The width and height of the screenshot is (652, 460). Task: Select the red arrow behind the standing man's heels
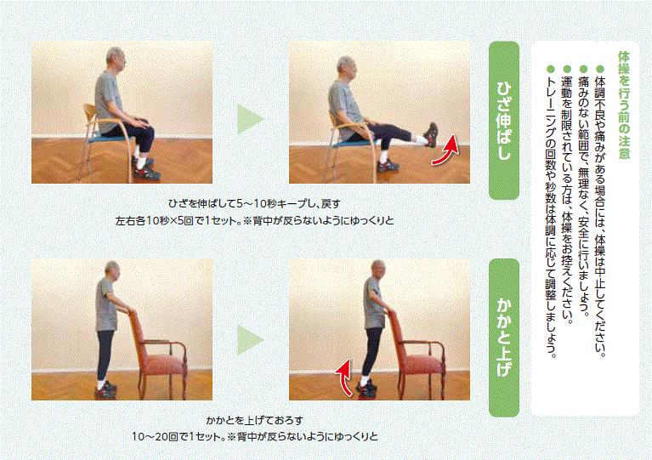coord(343,378)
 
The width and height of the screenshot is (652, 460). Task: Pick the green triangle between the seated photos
coord(249,119)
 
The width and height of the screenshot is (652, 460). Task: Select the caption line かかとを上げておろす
coord(254,420)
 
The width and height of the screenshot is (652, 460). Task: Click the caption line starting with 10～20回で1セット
coord(254,436)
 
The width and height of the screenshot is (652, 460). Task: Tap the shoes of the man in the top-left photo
coord(145,169)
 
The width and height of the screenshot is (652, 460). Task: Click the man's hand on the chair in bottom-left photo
coord(127,309)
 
